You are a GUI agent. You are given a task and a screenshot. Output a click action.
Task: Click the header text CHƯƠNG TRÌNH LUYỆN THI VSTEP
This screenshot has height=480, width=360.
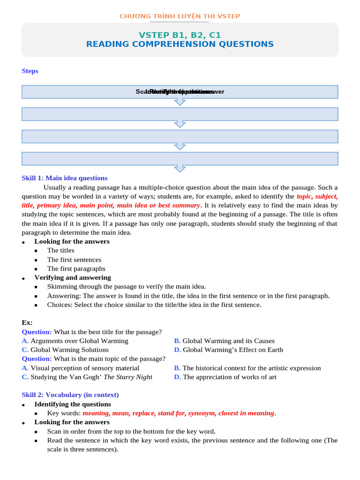(180, 16)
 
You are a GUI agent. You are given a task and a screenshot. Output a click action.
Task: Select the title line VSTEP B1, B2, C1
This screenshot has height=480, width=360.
(180, 35)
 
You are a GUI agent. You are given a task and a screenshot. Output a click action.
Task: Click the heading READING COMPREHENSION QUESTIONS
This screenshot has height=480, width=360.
(180, 45)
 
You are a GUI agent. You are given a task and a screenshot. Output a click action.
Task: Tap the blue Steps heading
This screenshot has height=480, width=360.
(30, 71)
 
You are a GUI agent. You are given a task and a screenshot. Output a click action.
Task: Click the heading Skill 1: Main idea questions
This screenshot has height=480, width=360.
(65, 178)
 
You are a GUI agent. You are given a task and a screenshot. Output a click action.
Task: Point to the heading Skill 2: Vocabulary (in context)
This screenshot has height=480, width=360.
(70, 395)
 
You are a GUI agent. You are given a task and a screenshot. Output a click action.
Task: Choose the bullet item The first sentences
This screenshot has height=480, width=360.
(74, 260)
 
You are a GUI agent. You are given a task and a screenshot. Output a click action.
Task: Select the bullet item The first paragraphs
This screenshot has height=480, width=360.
(76, 269)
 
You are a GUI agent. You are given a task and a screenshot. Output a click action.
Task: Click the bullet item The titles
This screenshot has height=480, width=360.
(60, 250)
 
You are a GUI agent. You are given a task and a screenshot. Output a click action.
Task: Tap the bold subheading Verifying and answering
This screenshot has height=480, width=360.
(73, 277)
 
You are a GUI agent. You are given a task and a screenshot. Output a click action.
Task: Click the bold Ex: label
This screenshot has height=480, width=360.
(27, 323)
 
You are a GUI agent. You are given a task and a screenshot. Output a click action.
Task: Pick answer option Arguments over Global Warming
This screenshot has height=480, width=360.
(79, 341)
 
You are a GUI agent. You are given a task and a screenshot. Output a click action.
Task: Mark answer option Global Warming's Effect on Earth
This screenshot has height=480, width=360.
(232, 350)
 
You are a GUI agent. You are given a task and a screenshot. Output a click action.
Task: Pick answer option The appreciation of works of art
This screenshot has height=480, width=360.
(229, 377)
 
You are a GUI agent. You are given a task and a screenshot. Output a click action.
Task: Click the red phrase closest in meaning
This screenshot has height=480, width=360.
(246, 413)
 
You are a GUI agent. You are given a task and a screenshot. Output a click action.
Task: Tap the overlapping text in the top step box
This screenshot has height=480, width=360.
(180, 92)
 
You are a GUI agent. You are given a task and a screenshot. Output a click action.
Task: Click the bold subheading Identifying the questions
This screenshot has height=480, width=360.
(73, 404)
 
